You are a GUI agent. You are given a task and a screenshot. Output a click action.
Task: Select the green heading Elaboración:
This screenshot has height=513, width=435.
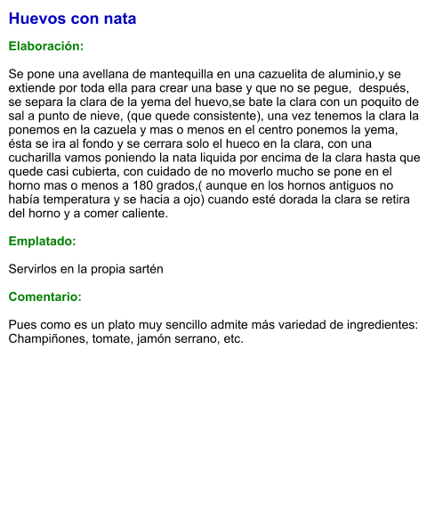tap(46, 45)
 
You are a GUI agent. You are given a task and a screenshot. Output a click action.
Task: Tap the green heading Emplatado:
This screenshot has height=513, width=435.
tap(42, 241)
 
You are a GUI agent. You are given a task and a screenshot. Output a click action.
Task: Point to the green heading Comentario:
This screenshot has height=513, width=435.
tap(45, 297)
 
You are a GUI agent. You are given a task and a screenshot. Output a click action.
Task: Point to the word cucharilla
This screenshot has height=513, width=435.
tap(39, 158)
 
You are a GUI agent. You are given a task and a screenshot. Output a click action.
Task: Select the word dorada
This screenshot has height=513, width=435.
tap(278, 199)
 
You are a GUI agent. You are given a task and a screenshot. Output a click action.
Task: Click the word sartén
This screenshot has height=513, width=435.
tap(144, 269)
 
